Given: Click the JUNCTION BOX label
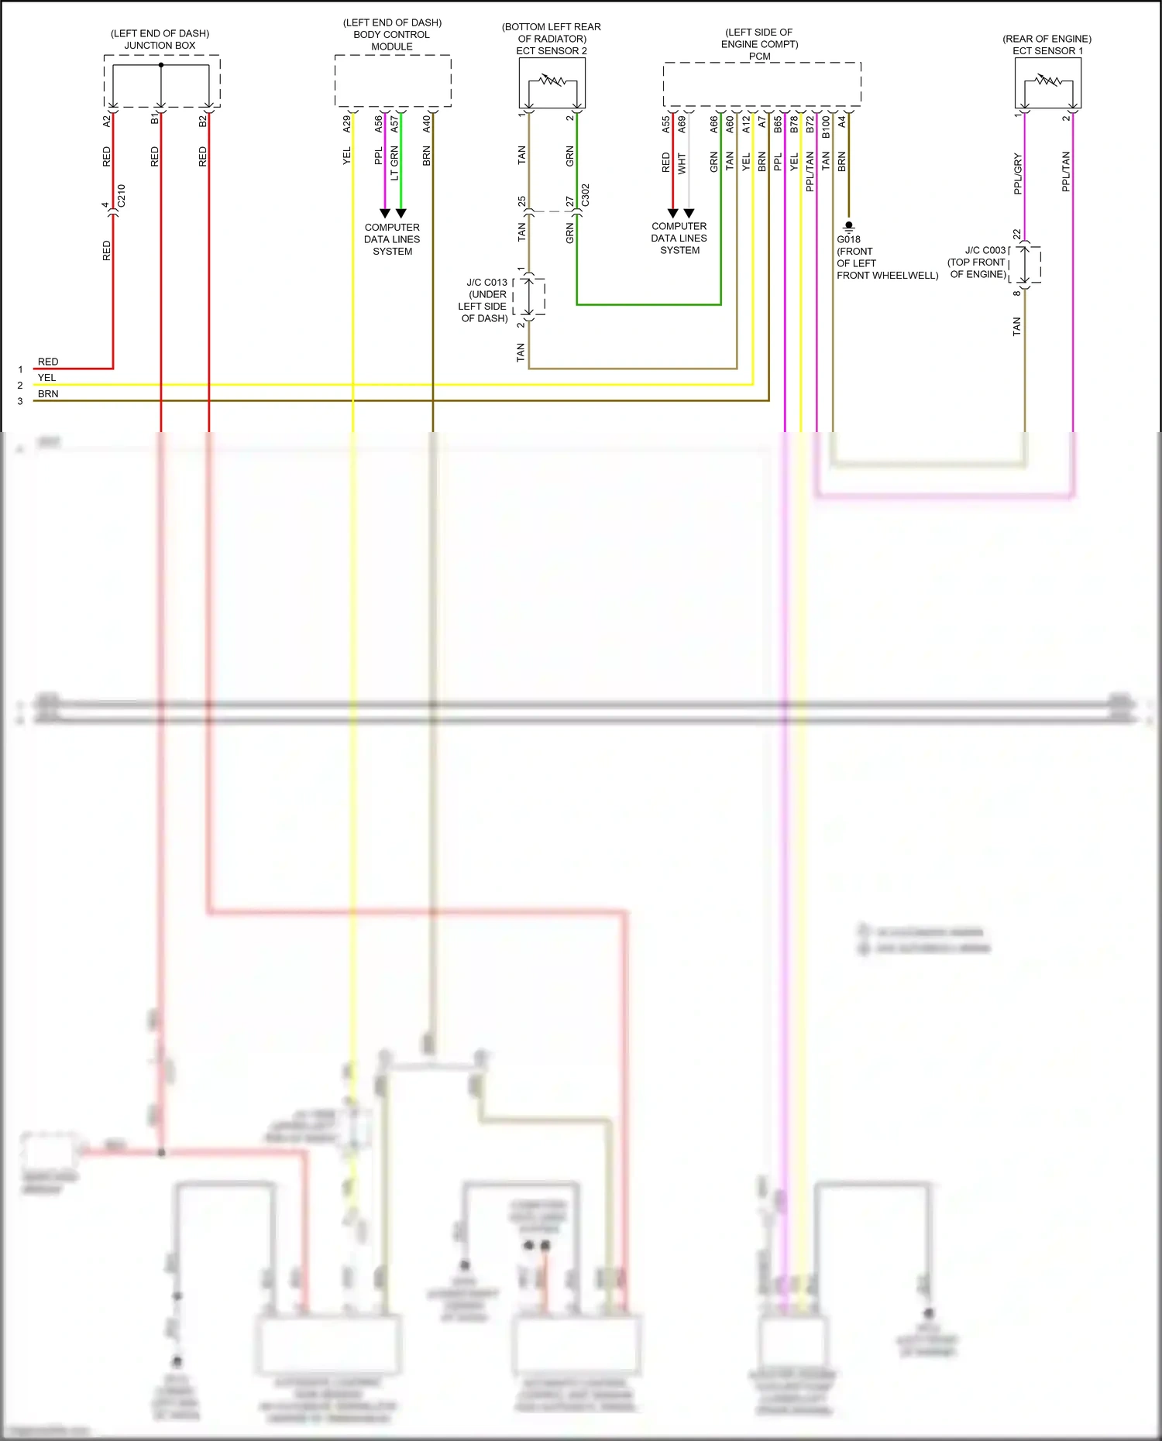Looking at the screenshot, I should (160, 45).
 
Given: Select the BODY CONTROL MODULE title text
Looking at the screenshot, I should (392, 35).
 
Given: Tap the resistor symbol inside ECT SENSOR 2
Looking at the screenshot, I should (552, 80).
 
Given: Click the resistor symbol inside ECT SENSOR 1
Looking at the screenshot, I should (1048, 80).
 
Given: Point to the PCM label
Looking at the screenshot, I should (759, 56).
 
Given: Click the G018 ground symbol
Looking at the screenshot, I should (848, 226).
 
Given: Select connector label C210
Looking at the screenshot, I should (121, 196).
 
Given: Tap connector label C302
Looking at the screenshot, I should (586, 195).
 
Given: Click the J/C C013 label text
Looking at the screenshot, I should (486, 283).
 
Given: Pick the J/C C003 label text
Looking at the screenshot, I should (985, 250).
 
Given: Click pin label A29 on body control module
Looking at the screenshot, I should (347, 123).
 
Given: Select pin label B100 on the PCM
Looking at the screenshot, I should (826, 126).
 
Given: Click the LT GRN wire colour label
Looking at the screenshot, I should (394, 163).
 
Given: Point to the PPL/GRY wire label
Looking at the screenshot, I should (1018, 173).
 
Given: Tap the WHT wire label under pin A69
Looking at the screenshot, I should (682, 163).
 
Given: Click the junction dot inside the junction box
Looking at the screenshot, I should (161, 65).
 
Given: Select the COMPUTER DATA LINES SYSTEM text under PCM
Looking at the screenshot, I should (679, 238).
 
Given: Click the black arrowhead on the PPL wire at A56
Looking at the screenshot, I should (384, 213).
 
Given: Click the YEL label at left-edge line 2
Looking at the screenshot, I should (47, 378).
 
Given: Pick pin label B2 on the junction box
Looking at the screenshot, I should (203, 120).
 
